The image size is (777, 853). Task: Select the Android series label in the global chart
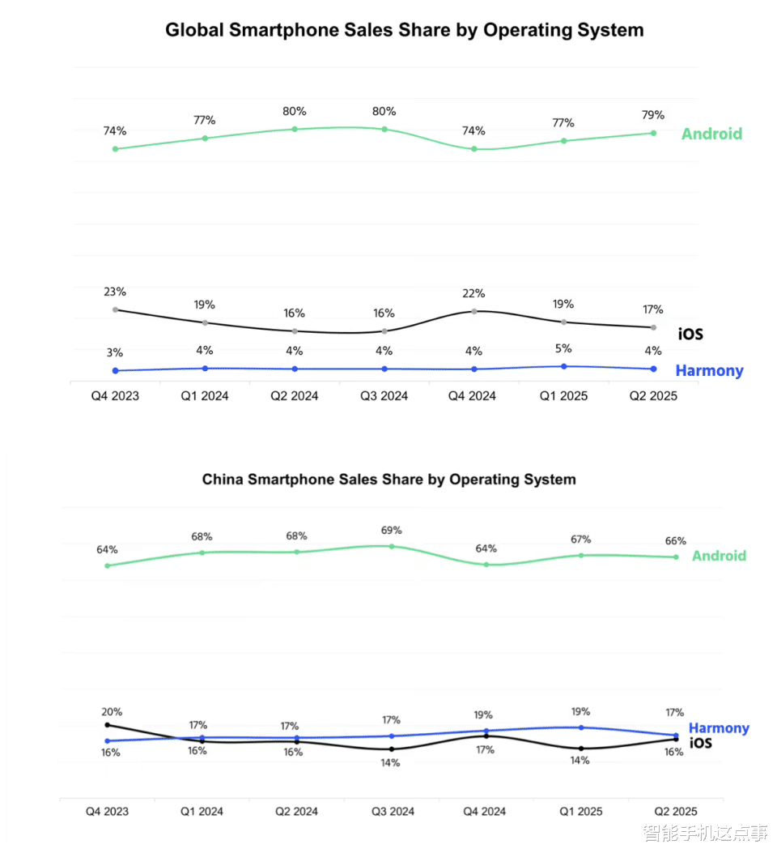(711, 134)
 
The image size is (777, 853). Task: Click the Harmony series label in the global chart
(709, 371)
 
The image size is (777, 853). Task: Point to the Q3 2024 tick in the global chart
(384, 396)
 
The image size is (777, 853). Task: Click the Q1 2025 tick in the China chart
(581, 811)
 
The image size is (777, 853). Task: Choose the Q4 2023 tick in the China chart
(107, 811)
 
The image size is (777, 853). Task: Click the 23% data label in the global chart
(114, 292)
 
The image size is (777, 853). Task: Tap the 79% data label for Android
(653, 114)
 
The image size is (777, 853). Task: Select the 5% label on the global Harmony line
(563, 348)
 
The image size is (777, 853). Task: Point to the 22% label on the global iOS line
(474, 293)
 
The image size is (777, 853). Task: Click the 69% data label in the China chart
(391, 531)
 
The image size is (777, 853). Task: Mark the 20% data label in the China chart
(112, 712)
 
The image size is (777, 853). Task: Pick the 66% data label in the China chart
(676, 541)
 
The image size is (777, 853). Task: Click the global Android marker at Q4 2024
(474, 149)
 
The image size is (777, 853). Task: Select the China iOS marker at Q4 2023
(107, 725)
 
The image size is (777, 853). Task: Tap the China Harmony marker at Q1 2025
(581, 727)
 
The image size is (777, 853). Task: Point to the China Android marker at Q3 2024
(392, 546)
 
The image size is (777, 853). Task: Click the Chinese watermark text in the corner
(705, 833)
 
